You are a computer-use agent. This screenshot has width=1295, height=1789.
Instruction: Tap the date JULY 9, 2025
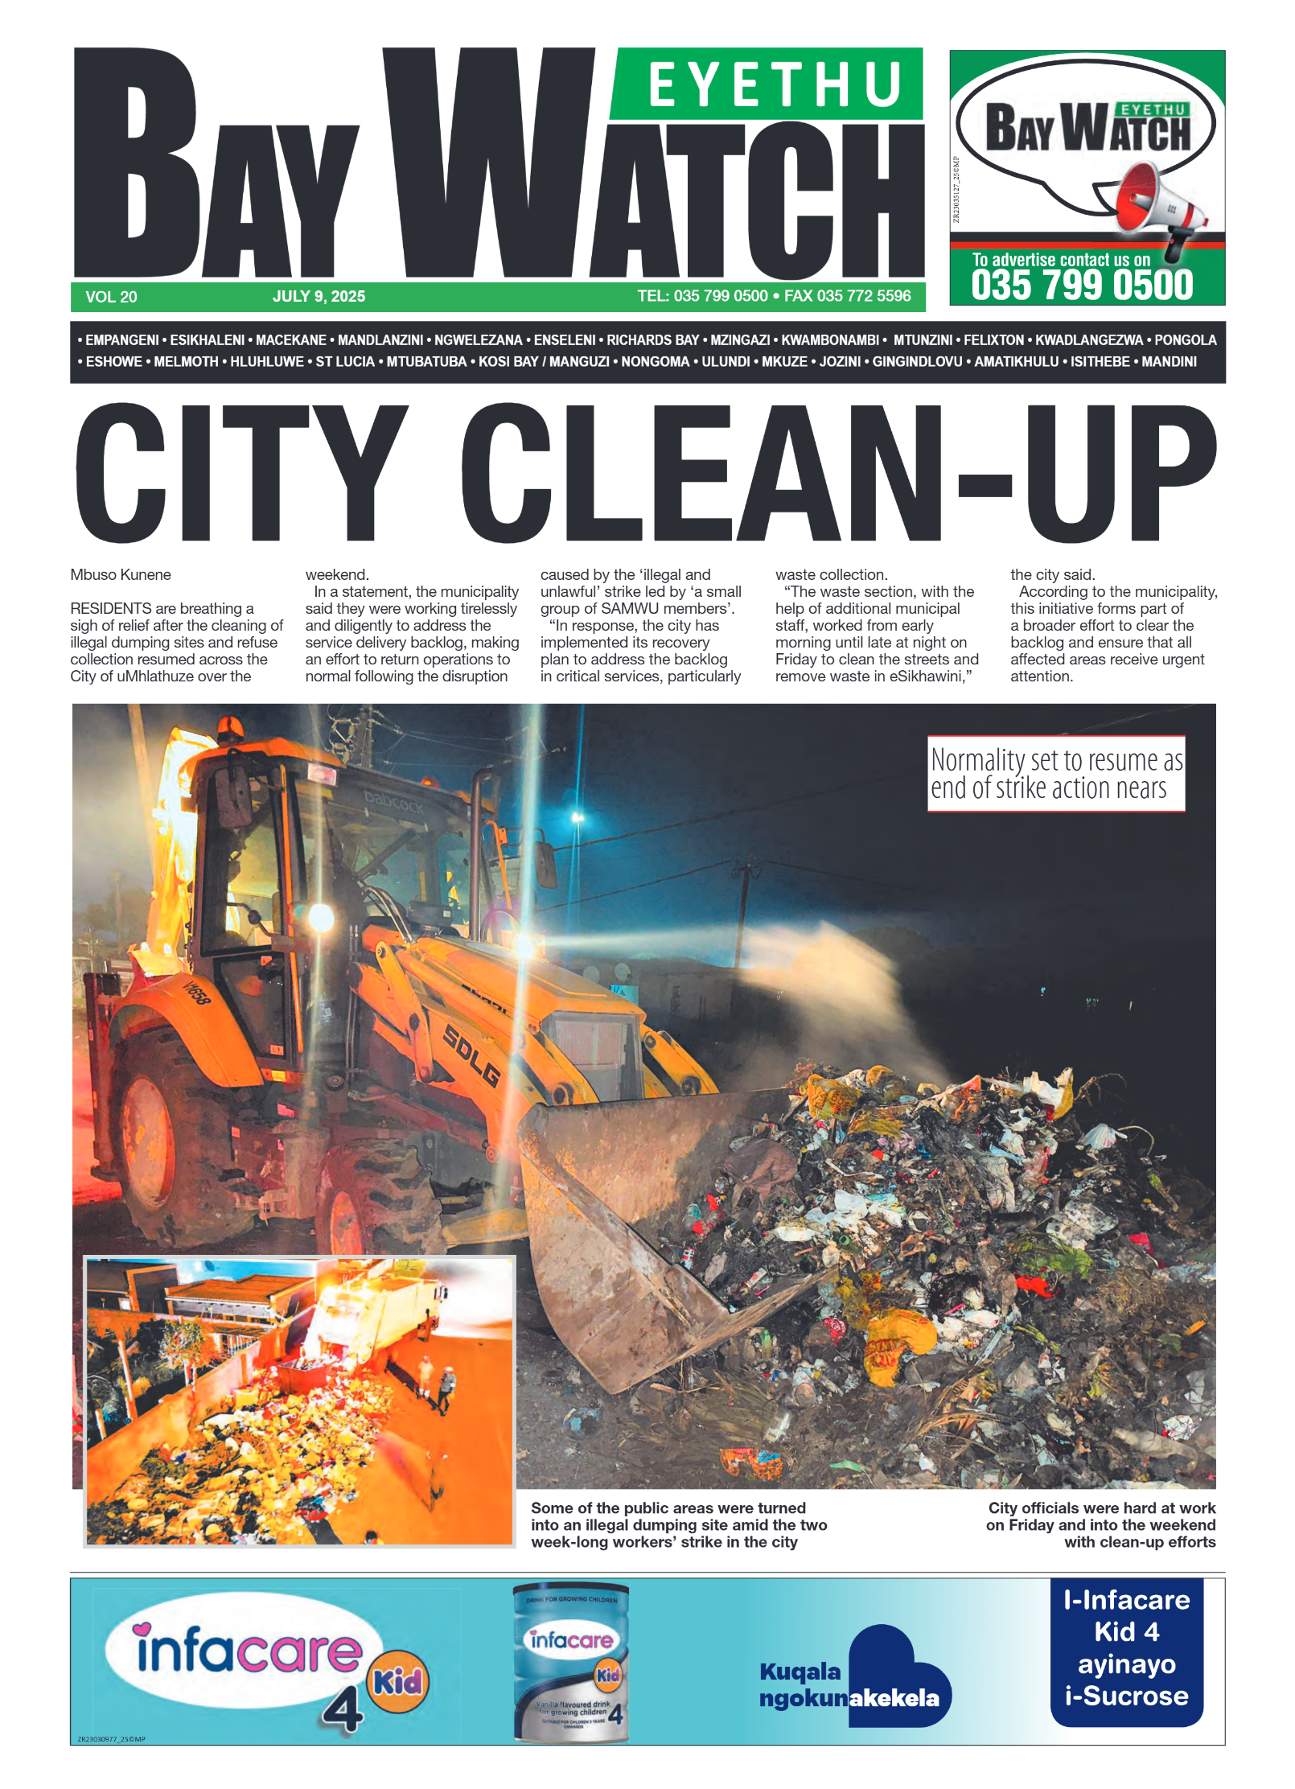319,296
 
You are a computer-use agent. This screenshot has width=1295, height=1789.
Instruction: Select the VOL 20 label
111,297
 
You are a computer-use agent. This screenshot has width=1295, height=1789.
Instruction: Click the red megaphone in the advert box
1154,201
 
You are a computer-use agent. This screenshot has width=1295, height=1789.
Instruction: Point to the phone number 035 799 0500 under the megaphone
1082,286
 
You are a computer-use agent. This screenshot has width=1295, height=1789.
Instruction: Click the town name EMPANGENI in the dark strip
121,340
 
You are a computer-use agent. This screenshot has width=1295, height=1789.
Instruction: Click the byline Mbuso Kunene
121,574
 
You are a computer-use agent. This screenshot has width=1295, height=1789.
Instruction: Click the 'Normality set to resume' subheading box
1055,773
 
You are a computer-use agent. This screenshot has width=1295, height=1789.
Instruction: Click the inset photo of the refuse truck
299,1400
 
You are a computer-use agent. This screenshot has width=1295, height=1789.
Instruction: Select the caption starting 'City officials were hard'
1100,1524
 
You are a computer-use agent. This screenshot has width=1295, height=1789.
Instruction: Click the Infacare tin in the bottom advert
571,1662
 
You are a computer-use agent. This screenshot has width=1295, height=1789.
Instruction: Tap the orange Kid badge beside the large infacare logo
398,1680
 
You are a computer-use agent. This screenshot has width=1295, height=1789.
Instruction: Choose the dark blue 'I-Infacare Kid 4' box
1126,1651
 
